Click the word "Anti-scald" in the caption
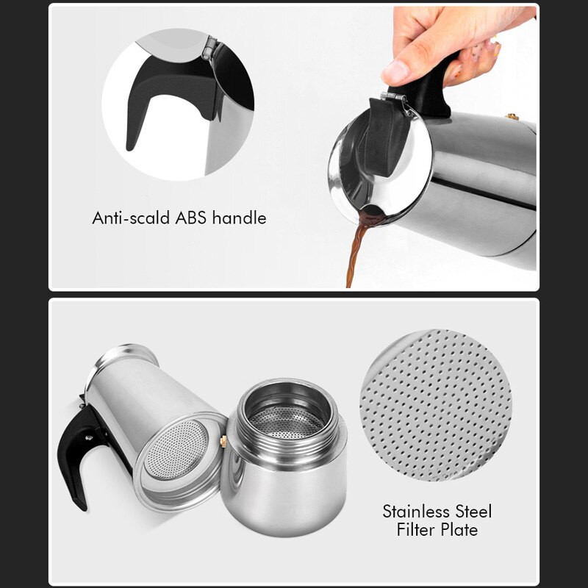click(x=131, y=218)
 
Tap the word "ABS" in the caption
click(x=191, y=218)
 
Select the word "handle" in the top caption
click(x=240, y=218)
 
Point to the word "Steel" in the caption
click(x=473, y=512)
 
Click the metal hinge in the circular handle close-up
click(x=209, y=48)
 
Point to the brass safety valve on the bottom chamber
click(x=223, y=441)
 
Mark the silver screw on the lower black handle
click(x=88, y=437)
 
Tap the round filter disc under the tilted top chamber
click(x=176, y=450)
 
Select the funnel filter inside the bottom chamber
click(x=287, y=422)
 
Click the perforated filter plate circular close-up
click(x=435, y=405)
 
